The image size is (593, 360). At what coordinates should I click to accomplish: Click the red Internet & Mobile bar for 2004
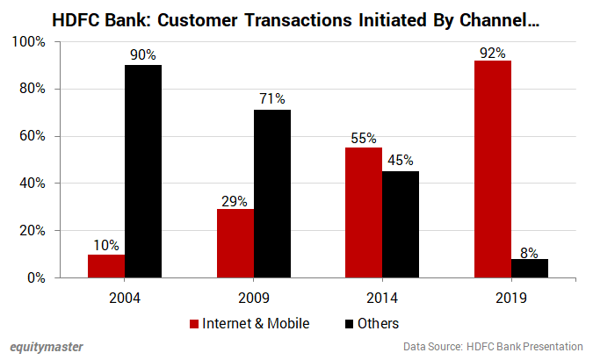[x=106, y=266]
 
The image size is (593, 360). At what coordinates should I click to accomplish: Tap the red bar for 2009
[x=236, y=243]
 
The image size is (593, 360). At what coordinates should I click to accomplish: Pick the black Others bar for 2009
[x=272, y=193]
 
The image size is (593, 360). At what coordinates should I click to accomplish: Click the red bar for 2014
[x=364, y=212]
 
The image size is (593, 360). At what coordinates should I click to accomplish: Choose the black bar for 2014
[x=401, y=224]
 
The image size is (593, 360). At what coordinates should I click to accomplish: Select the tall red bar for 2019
[x=493, y=169]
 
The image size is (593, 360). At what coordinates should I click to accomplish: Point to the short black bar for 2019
[x=530, y=268]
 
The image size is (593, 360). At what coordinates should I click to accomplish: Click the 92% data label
[x=493, y=53]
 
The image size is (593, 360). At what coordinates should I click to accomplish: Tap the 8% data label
[x=530, y=251]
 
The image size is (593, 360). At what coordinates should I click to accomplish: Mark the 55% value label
[x=364, y=139]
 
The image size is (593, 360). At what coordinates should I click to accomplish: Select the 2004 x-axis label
[x=125, y=299]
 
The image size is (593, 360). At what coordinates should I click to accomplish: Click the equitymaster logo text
[x=47, y=347]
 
